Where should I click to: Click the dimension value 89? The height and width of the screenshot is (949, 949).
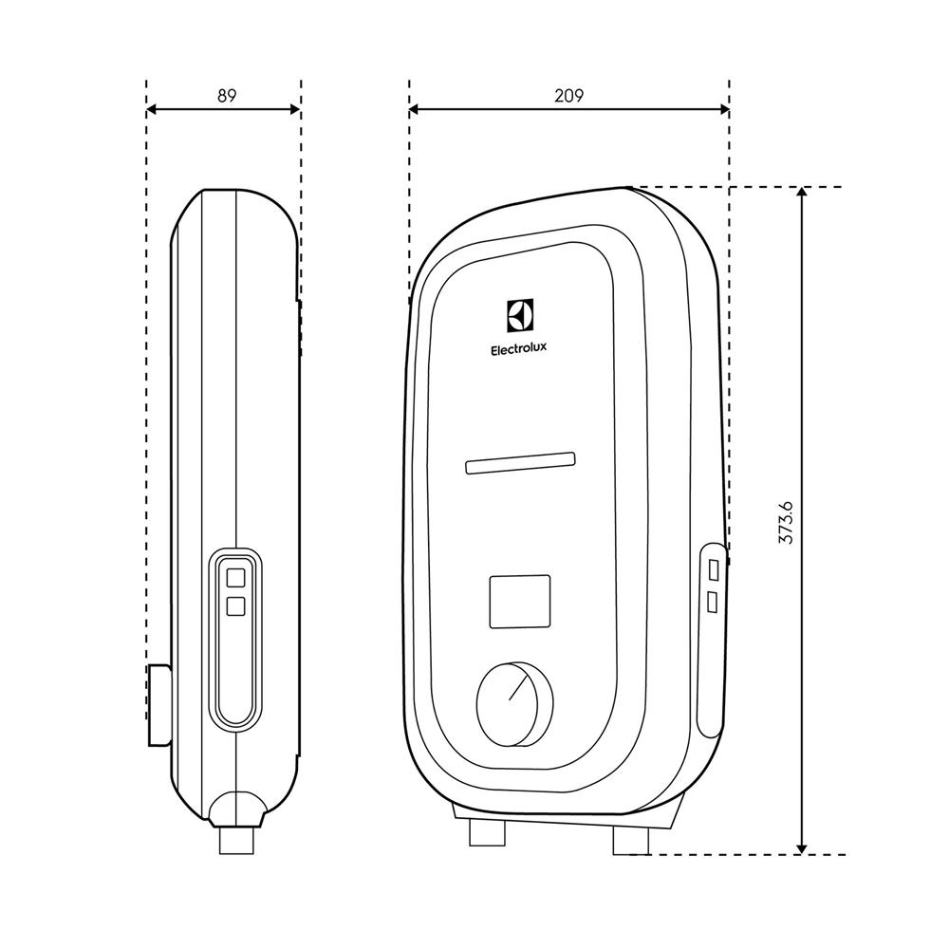[226, 95]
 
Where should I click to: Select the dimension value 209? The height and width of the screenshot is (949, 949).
[569, 95]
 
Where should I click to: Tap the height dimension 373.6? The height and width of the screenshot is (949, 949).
[785, 521]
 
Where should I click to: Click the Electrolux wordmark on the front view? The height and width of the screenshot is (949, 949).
[518, 349]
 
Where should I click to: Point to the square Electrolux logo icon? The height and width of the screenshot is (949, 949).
[520, 314]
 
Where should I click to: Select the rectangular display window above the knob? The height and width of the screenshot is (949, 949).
[519, 601]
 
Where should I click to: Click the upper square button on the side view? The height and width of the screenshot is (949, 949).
[234, 576]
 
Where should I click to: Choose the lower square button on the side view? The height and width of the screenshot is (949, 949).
[234, 605]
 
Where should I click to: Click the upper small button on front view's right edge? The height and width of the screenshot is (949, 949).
[713, 569]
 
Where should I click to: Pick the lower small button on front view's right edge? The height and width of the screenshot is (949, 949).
[713, 602]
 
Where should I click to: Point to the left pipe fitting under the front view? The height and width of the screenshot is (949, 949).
[487, 831]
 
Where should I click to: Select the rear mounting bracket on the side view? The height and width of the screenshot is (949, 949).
[158, 705]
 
